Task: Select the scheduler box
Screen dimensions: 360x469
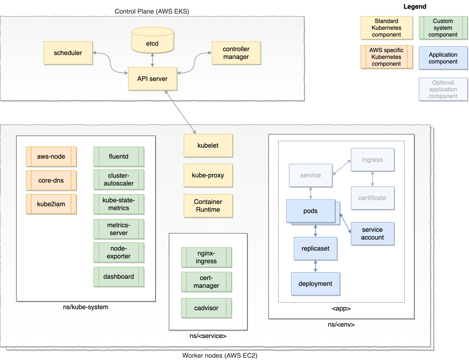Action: point(68,53)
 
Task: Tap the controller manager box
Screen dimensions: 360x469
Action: point(236,53)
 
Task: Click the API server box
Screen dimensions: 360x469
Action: point(152,79)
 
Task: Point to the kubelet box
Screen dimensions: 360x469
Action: point(208,145)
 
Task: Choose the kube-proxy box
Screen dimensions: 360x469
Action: point(208,175)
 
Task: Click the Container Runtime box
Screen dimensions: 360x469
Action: point(208,206)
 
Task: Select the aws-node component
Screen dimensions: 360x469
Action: point(51,156)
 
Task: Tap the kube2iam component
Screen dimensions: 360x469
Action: point(51,204)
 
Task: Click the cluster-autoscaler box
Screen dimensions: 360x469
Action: point(119,179)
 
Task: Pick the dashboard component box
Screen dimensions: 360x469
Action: point(119,276)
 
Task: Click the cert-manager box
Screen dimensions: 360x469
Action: point(206,282)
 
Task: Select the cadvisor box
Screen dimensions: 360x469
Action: point(206,308)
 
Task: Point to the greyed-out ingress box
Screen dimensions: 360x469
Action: point(372,160)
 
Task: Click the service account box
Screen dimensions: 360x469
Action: point(372,233)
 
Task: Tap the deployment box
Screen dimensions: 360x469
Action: point(315,284)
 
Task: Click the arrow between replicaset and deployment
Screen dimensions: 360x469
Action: point(315,266)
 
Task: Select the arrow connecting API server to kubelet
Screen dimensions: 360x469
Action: point(180,112)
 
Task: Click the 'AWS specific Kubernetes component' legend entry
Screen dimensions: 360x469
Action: point(387,57)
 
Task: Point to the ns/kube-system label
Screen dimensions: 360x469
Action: point(86,307)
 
